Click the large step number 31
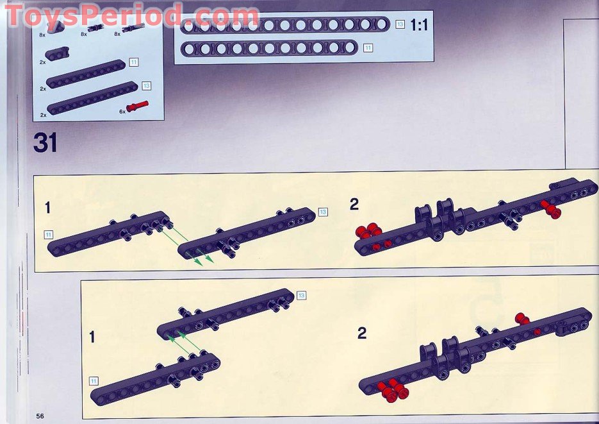pyautogui.click(x=45, y=142)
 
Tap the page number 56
pyautogui.click(x=40, y=416)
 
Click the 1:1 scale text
pyautogui.click(x=419, y=25)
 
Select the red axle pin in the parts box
pyautogui.click(x=138, y=106)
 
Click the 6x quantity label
pyautogui.click(x=122, y=112)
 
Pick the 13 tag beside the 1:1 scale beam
pyautogui.click(x=400, y=24)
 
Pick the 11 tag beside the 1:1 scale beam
pyautogui.click(x=368, y=48)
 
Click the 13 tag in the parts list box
pyautogui.click(x=146, y=86)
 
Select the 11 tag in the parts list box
pyautogui.click(x=134, y=62)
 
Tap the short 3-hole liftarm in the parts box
pyautogui.click(x=57, y=53)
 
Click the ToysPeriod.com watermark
pyautogui.click(x=132, y=15)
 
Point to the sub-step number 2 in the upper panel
pyautogui.click(x=354, y=204)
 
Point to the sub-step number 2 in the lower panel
pyautogui.click(x=362, y=333)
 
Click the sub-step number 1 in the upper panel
pyautogui.click(x=48, y=208)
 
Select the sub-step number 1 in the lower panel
pyautogui.click(x=92, y=337)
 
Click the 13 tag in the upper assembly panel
pyautogui.click(x=323, y=212)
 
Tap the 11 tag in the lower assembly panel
pyautogui.click(x=94, y=381)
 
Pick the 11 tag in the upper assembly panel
pyautogui.click(x=49, y=234)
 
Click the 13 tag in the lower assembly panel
pyautogui.click(x=301, y=295)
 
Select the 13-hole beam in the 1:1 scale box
pyautogui.click(x=285, y=25)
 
